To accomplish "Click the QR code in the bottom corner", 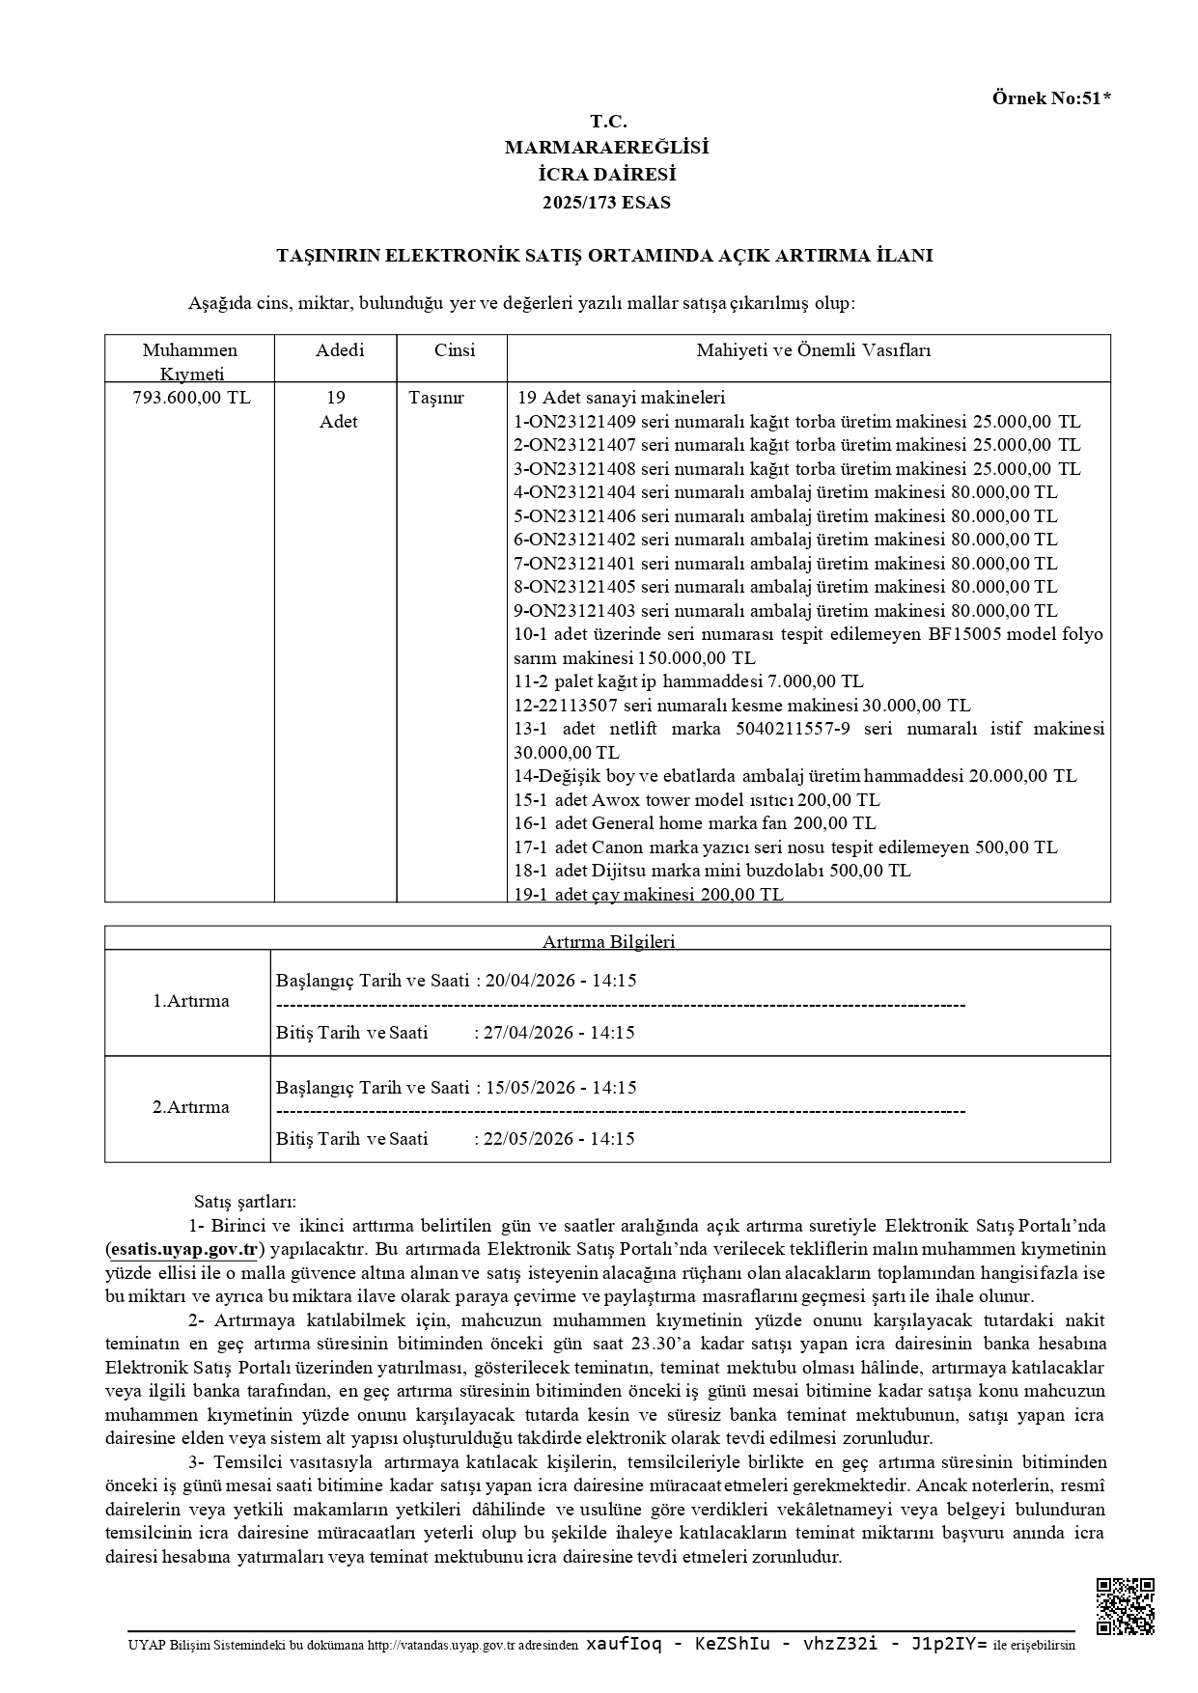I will pyautogui.click(x=1126, y=1606).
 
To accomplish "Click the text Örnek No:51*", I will pyautogui.click(x=1051, y=97).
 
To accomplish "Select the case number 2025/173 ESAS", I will pyautogui.click(x=606, y=203).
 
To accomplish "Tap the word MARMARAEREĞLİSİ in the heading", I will pyautogui.click(x=606, y=148).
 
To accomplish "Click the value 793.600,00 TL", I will pyautogui.click(x=190, y=398).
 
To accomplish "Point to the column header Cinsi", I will pyautogui.click(x=454, y=350).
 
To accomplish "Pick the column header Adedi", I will pyautogui.click(x=340, y=350).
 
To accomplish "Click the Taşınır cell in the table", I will pyautogui.click(x=436, y=398).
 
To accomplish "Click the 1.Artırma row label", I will pyautogui.click(x=190, y=1001).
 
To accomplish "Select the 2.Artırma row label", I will pyautogui.click(x=190, y=1107).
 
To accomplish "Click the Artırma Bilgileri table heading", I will pyautogui.click(x=608, y=941).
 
